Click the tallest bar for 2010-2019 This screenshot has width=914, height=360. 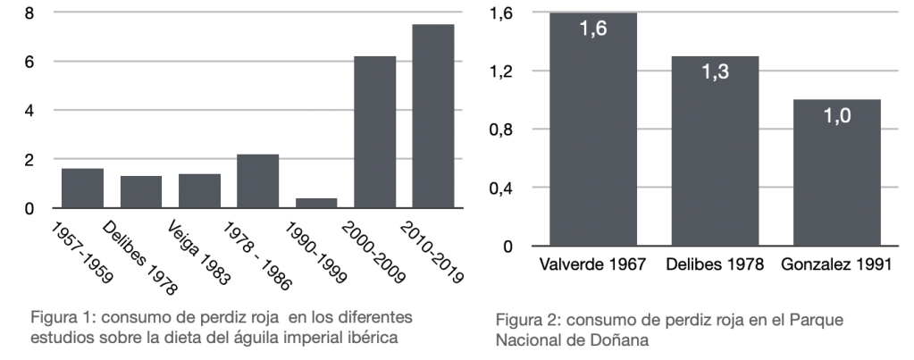tap(432, 116)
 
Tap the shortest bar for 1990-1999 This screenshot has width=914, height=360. tap(316, 203)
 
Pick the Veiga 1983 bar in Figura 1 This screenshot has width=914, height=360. tap(199, 190)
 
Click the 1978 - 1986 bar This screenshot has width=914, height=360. tap(257, 181)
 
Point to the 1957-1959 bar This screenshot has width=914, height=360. tap(82, 188)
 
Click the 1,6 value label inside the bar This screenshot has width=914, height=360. tap(593, 30)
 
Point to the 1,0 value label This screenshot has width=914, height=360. tap(836, 117)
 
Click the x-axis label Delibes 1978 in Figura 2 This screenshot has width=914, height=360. tap(715, 266)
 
